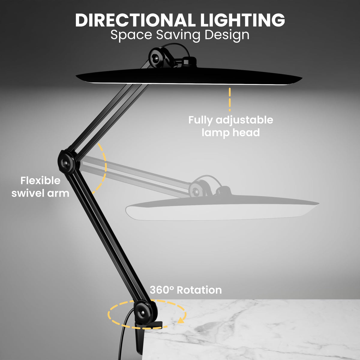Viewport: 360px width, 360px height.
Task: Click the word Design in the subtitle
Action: (x=227, y=35)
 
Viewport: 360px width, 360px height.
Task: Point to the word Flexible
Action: (x=40, y=181)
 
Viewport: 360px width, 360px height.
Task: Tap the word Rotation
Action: (x=199, y=290)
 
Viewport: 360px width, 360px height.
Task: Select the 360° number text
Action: (x=162, y=290)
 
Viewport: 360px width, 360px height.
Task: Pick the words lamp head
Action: (x=230, y=132)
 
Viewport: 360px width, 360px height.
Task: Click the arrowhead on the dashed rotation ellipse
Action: (x=181, y=321)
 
